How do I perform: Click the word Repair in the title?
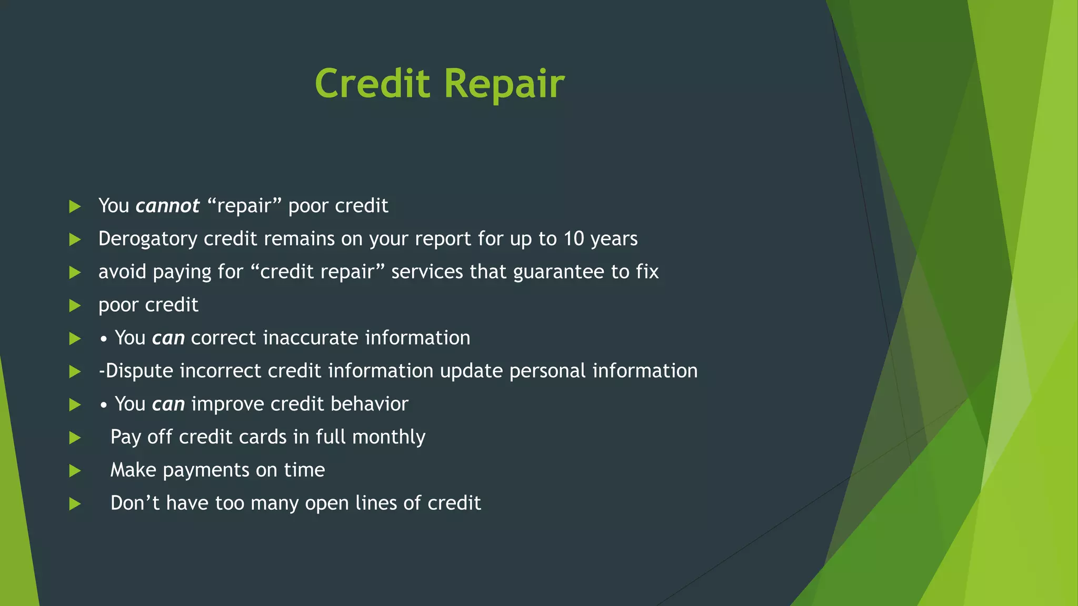(x=504, y=85)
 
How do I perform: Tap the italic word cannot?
(x=167, y=206)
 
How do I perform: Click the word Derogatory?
(x=148, y=239)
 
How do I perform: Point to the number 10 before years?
(x=574, y=239)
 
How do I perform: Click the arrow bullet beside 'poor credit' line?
(x=75, y=306)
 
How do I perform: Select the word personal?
(x=547, y=371)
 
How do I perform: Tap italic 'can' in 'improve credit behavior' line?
(x=168, y=405)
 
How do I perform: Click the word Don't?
(x=135, y=503)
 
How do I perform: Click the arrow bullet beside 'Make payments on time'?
(x=75, y=471)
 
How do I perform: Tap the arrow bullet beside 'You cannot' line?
(x=75, y=206)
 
